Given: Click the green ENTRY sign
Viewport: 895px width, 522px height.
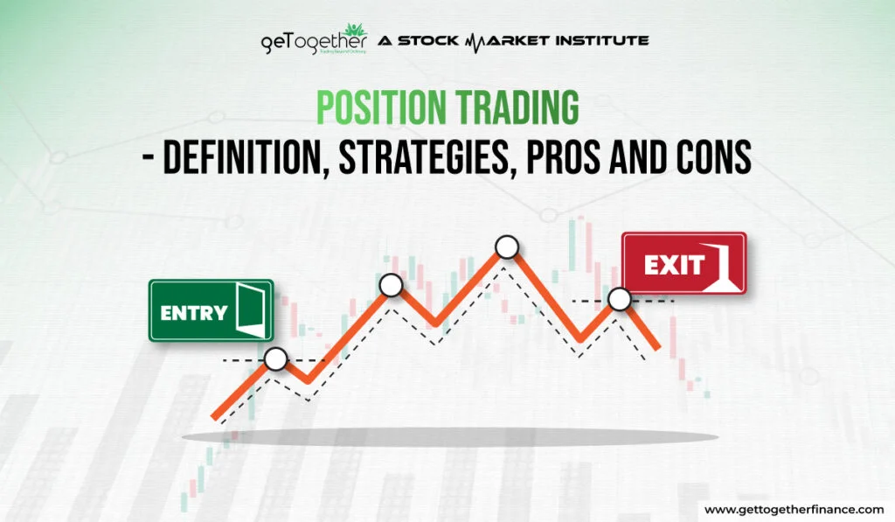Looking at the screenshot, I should point(211,310).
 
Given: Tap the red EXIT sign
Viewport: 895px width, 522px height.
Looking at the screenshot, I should point(683,263).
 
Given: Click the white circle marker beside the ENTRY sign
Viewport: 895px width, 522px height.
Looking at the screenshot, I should point(276,358).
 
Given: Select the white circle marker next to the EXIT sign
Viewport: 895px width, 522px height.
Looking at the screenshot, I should point(619,300).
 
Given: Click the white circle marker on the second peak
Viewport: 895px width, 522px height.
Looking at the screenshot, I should point(391,284).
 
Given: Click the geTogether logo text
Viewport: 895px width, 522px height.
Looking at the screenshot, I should point(313,42).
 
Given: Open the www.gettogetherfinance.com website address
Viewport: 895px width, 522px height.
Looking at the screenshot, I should point(793,509).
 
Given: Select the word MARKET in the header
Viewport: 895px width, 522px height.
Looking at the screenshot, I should point(507,40).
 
